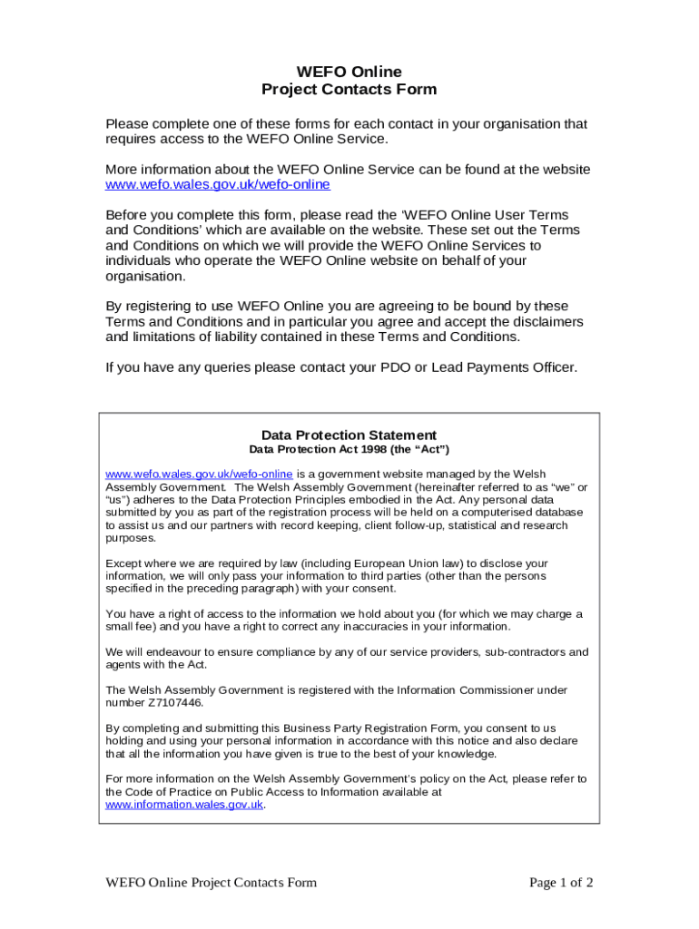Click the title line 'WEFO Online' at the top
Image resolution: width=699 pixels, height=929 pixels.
point(349,72)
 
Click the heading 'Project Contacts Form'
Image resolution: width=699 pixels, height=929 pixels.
point(349,89)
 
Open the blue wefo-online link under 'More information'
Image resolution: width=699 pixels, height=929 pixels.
point(218,185)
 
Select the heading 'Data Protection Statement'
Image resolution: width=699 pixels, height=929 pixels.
point(349,435)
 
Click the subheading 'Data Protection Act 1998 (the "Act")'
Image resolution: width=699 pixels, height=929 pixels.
point(349,450)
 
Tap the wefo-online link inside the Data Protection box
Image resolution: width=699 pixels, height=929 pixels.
point(199,474)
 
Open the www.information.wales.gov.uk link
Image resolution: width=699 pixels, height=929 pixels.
point(184,805)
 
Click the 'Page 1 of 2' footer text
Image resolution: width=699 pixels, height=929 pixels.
point(561,883)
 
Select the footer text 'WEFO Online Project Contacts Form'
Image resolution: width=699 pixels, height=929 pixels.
point(212,883)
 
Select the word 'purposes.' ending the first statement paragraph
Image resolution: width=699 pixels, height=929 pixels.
point(131,538)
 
